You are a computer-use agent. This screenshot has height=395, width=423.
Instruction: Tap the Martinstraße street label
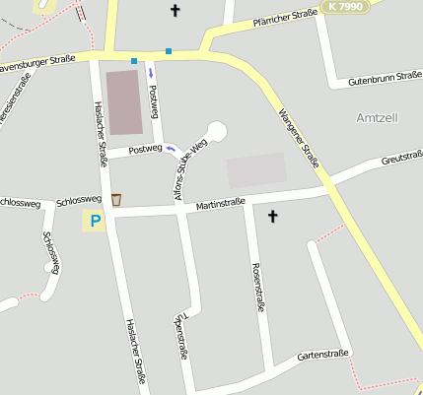[x=220, y=204]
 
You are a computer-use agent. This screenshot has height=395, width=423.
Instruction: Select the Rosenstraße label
[x=258, y=287]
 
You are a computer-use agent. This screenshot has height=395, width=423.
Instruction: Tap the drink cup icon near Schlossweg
[x=116, y=200]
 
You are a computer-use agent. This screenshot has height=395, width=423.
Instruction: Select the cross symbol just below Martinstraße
[x=273, y=216]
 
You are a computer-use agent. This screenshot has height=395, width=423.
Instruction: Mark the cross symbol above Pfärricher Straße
[x=176, y=11]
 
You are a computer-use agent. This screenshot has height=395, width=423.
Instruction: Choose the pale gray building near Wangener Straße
[x=256, y=170]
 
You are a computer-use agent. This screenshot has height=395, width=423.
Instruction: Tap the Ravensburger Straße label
[x=37, y=64]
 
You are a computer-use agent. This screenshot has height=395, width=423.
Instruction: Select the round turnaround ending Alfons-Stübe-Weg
[x=216, y=129]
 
